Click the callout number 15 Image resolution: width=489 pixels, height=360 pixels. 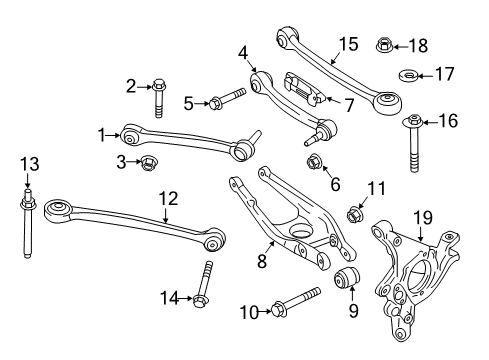347,43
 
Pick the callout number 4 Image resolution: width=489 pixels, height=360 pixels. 243,52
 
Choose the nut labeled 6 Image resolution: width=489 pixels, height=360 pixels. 312,164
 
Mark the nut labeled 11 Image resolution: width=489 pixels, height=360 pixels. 354,213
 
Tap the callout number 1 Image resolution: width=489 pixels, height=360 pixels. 101,132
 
